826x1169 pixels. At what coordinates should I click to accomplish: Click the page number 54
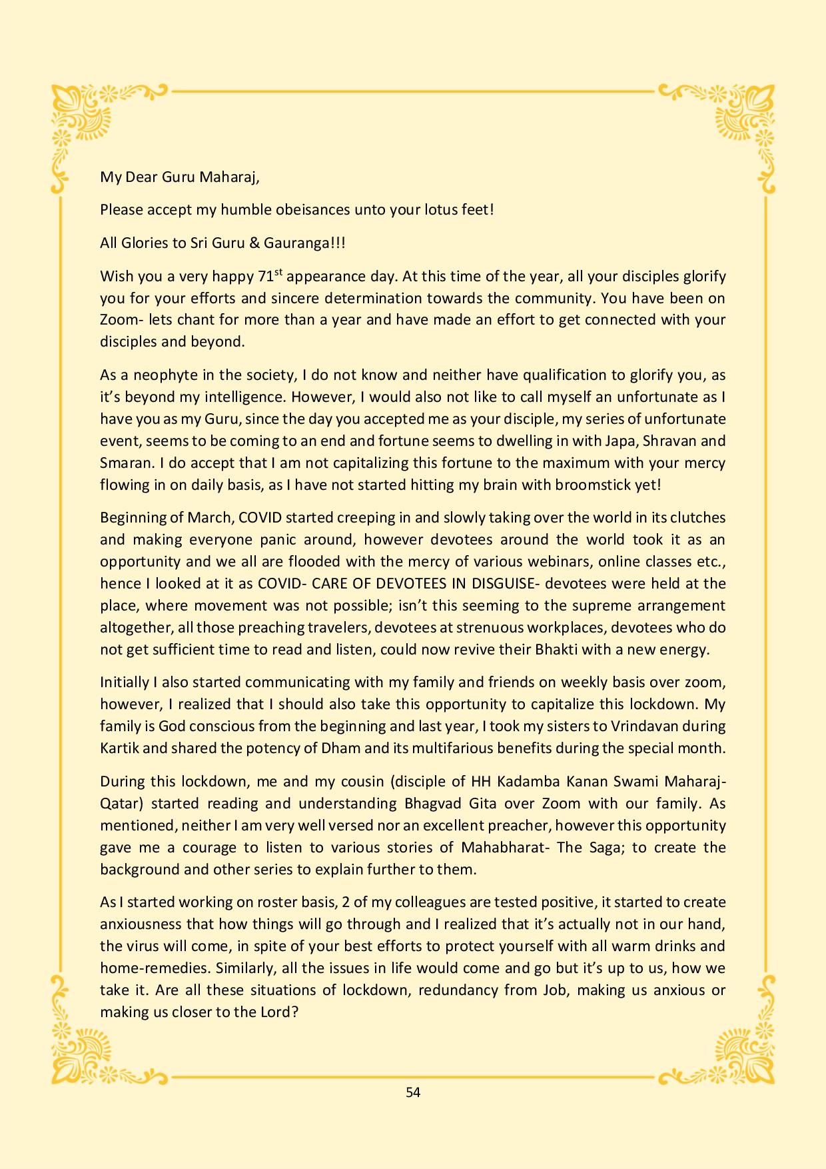[x=413, y=1092]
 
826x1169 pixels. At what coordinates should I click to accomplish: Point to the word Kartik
[x=119, y=748]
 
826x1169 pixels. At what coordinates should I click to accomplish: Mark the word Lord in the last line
[x=274, y=1012]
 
